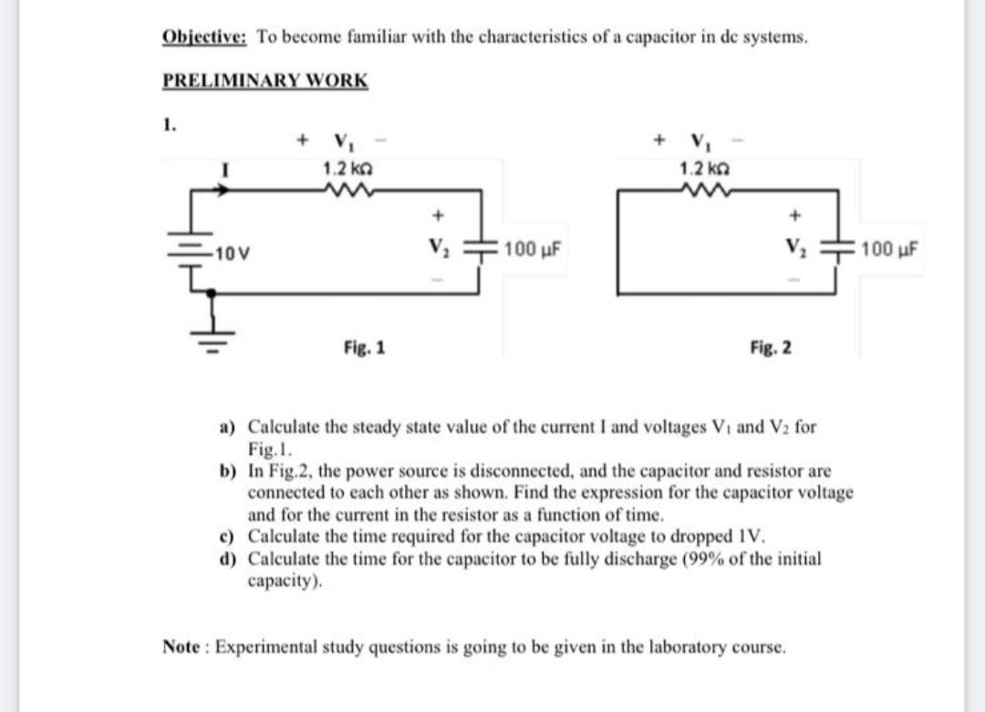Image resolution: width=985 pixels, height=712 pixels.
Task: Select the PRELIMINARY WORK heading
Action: (265, 80)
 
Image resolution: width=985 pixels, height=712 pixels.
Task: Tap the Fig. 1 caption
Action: (365, 346)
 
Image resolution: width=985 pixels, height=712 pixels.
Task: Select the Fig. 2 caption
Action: (771, 346)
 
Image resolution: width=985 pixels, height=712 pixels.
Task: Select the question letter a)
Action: (225, 426)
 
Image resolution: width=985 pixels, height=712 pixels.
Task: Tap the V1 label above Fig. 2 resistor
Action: (700, 143)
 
